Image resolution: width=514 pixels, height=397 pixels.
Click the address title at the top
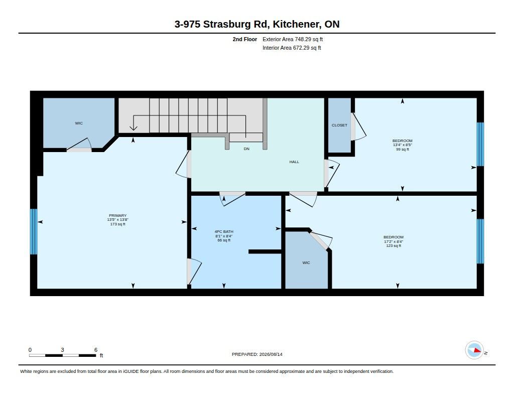[x=257, y=24]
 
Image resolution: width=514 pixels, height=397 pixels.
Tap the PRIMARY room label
[x=117, y=216]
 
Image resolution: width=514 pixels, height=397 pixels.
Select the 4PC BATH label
[x=224, y=231]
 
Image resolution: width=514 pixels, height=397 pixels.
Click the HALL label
[x=294, y=162]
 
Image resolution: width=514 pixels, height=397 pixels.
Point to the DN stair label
[x=246, y=149]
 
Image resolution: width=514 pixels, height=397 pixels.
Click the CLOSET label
[x=339, y=125]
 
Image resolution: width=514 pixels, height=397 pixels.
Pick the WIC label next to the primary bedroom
[x=79, y=123]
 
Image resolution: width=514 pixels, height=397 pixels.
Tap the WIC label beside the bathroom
[x=306, y=262]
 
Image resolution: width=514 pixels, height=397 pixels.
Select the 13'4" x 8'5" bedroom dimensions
[x=403, y=145]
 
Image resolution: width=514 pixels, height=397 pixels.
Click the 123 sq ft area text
[x=394, y=245]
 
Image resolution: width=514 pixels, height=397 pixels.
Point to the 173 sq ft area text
[x=117, y=224]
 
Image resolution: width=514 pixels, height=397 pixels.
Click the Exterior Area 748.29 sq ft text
[x=293, y=39]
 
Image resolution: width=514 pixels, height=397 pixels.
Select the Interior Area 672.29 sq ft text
[x=292, y=48]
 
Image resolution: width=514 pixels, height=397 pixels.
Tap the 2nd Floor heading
[x=245, y=39]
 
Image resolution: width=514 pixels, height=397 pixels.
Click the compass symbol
[x=474, y=350]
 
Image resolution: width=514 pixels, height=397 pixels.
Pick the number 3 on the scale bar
[x=62, y=350]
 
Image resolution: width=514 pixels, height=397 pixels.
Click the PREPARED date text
[x=257, y=354]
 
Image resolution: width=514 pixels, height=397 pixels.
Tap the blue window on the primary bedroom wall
[x=34, y=231]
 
